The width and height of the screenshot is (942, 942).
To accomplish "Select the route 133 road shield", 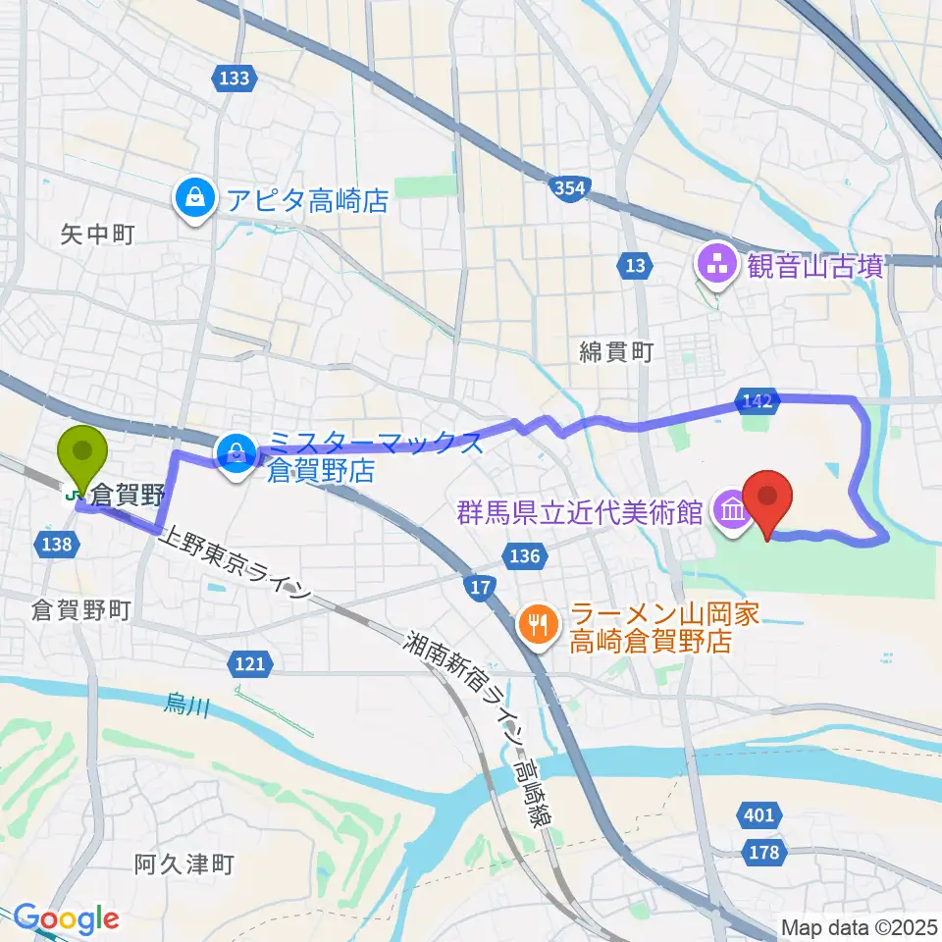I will pos(235,78).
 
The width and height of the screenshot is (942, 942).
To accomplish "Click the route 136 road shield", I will pos(525,556).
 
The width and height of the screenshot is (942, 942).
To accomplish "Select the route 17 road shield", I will pos(479,587).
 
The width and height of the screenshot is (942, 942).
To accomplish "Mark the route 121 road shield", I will pos(250,665).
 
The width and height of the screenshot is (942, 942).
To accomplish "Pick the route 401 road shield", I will pos(759,815).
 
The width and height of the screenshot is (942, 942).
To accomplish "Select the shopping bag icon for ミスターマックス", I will pos(236,452).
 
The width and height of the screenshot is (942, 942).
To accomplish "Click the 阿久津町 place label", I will pos(184,864).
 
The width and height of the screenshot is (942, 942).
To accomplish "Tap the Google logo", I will pos(66,918).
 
